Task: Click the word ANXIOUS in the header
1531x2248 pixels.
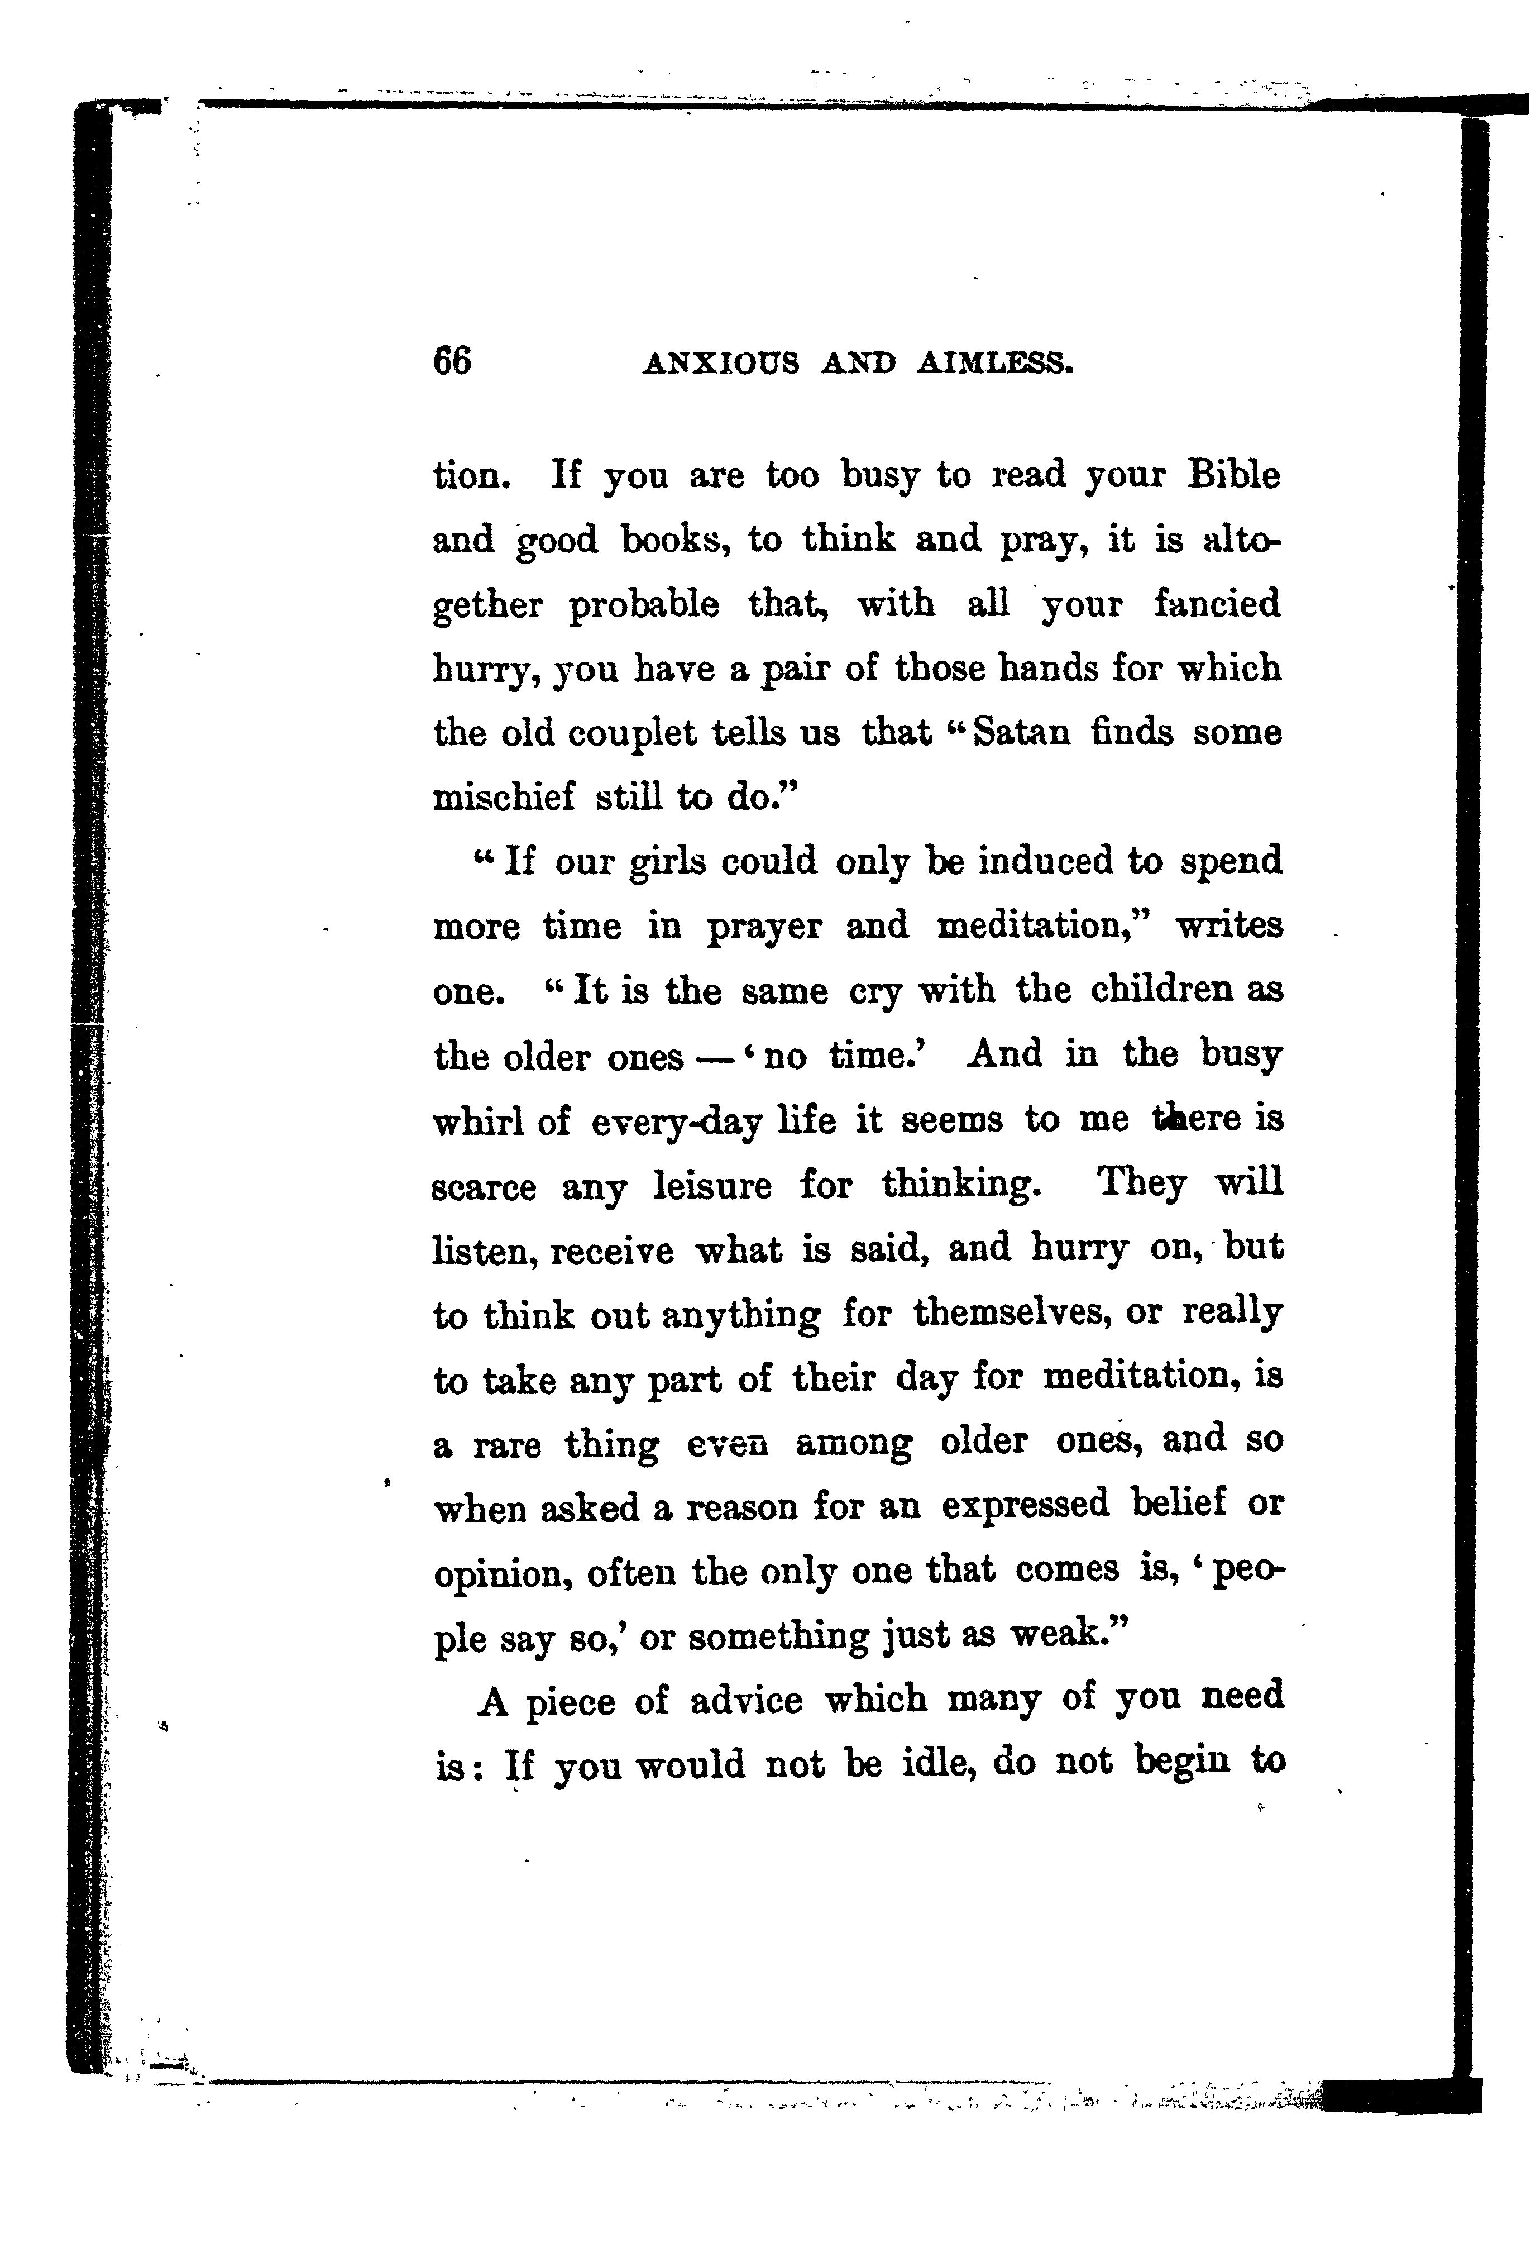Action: (x=720, y=364)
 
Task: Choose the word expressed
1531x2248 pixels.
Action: (x=1025, y=1505)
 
